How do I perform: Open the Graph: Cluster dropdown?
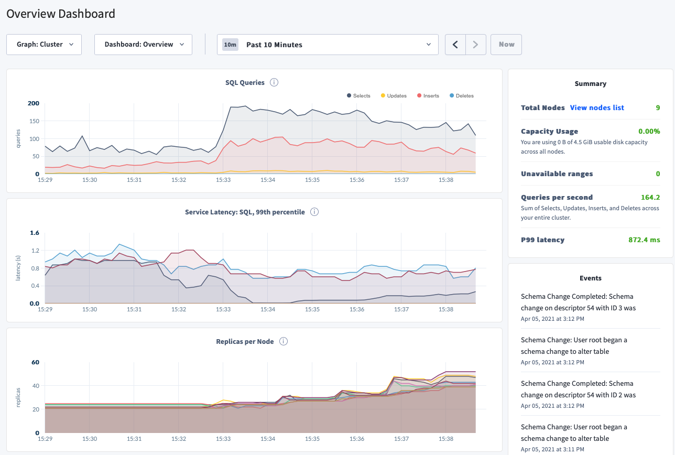click(44, 45)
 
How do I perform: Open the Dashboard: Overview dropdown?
click(143, 45)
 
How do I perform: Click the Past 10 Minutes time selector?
click(328, 45)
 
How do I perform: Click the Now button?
click(506, 45)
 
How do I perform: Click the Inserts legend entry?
click(429, 96)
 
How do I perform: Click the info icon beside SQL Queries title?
click(274, 82)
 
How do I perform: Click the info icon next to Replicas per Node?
click(284, 341)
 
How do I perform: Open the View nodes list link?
click(597, 107)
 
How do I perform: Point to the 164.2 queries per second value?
click(650, 198)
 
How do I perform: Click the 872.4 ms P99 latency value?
click(644, 240)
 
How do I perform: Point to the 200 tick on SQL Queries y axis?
click(34, 103)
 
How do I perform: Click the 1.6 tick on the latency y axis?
click(35, 233)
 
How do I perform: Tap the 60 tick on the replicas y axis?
click(36, 362)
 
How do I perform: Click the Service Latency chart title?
click(245, 212)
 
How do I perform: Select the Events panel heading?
click(590, 278)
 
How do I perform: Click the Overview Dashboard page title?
click(61, 14)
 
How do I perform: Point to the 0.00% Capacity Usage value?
click(649, 132)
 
